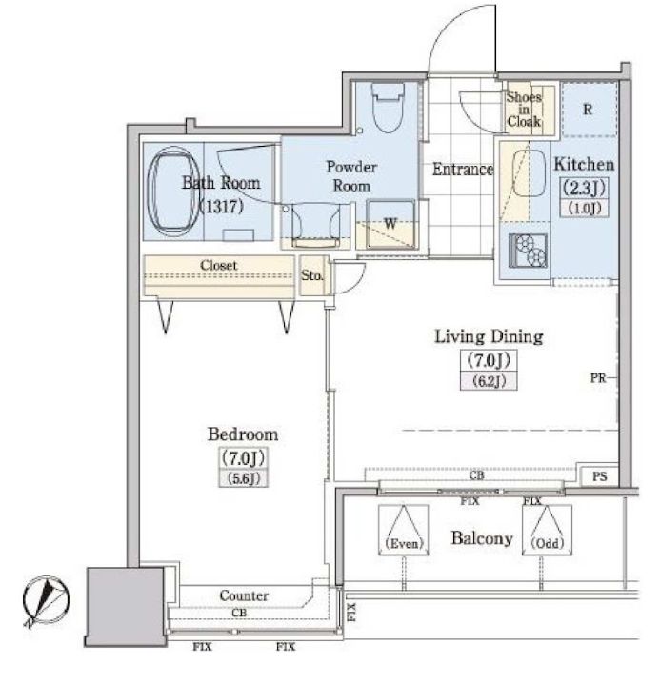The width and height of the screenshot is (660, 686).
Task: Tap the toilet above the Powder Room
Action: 387,108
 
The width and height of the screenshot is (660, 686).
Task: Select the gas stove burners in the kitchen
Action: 528,251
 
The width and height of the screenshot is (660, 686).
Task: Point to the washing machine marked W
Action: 390,224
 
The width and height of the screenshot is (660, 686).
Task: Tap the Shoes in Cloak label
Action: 524,109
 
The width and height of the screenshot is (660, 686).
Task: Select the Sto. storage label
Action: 311,275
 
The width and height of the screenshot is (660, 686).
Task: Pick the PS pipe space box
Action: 600,476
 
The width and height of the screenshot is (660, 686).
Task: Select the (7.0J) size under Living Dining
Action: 489,360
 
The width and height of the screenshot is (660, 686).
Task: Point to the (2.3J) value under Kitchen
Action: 584,188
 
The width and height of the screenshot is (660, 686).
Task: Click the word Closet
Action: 219,265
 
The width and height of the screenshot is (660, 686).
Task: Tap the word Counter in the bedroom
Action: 244,595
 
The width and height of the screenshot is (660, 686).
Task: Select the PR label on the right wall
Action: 598,378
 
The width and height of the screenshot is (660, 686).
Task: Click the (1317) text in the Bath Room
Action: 221,206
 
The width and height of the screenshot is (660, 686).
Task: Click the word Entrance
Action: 463,169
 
